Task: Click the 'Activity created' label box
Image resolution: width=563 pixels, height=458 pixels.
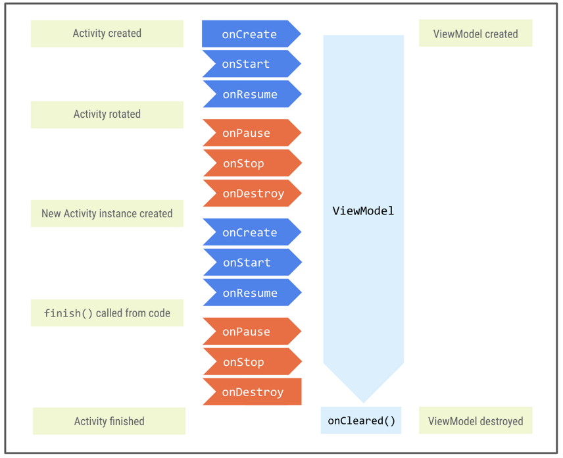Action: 107,34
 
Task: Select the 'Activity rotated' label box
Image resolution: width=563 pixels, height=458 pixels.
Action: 107,114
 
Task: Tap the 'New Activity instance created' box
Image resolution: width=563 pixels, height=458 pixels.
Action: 107,214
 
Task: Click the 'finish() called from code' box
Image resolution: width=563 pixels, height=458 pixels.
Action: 107,313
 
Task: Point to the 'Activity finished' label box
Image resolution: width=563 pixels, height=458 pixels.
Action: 109,421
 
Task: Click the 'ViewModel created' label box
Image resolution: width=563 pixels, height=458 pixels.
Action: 475,34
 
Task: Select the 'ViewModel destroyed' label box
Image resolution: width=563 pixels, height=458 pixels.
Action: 475,421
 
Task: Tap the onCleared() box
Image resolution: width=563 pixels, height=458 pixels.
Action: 361,420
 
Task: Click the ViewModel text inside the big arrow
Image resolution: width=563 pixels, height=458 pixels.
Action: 363,211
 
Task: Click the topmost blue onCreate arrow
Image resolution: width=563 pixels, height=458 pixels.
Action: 250,34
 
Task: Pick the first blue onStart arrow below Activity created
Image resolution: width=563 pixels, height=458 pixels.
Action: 250,64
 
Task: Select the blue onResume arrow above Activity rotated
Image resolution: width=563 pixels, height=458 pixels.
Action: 251,95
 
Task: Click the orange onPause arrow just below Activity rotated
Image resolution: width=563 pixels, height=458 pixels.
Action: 250,134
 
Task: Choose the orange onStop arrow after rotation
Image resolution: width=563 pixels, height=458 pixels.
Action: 250,164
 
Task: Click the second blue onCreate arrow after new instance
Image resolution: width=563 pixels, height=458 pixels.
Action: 250,233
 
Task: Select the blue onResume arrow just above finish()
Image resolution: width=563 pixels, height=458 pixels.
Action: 251,293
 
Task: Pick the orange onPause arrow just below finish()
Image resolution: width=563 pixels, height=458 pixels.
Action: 250,332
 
